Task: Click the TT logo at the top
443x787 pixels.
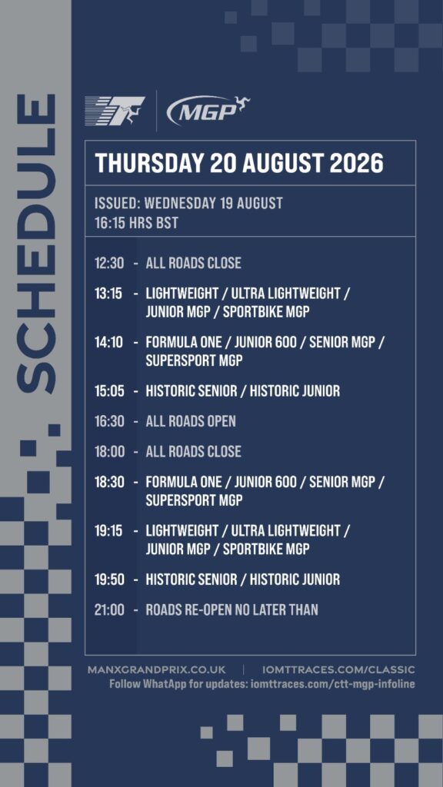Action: (115, 111)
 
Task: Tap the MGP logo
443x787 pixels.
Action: (208, 110)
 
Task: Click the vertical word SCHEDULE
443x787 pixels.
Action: (35, 244)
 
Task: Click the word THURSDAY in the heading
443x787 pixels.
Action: (149, 163)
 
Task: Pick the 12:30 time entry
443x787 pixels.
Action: (109, 263)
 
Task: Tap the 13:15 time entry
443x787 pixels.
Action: (108, 294)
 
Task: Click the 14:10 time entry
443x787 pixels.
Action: (108, 342)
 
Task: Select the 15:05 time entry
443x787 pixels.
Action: (109, 390)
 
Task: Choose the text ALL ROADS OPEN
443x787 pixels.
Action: (191, 421)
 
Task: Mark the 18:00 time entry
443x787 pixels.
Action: (109, 452)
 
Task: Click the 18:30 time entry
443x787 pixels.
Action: (109, 482)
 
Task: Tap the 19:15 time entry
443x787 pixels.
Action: (108, 530)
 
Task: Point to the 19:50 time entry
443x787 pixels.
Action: (109, 579)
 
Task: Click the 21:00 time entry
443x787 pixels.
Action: (109, 609)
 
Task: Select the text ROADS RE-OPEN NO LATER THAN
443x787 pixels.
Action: (232, 609)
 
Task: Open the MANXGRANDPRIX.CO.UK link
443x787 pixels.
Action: (156, 670)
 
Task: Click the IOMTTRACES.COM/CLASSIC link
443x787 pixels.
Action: (338, 670)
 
